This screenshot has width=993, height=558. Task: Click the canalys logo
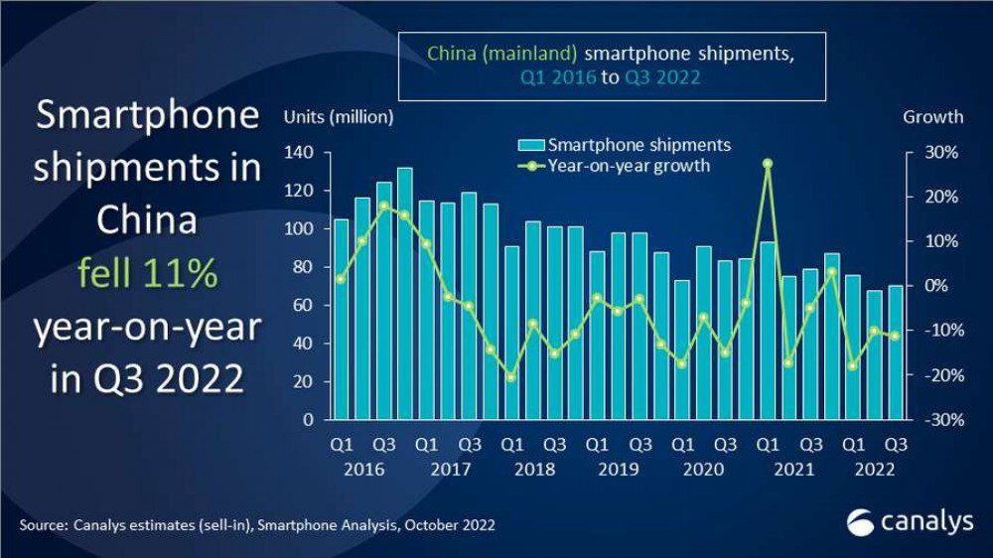tap(910, 520)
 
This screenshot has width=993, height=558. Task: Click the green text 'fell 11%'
tap(147, 273)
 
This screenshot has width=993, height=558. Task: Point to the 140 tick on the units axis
tap(298, 153)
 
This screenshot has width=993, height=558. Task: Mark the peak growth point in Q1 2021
tap(768, 163)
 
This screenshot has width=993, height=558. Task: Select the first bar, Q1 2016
tap(341, 319)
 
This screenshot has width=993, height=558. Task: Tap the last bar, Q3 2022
tap(896, 352)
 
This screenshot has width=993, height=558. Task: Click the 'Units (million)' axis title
tap(339, 117)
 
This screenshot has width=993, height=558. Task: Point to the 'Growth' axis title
tap(932, 117)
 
